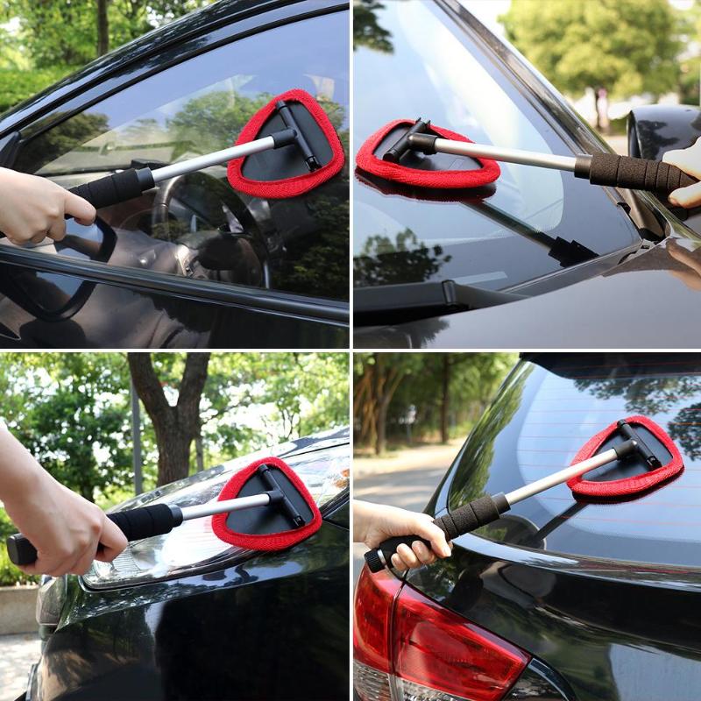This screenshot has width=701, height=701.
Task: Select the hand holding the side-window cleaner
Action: [39, 205]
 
